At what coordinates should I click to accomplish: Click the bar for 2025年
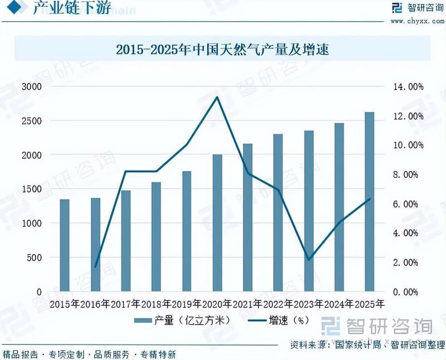pyautogui.click(x=369, y=202)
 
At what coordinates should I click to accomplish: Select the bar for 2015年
pyautogui.click(x=65, y=245)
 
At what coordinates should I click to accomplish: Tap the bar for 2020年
pyautogui.click(x=217, y=223)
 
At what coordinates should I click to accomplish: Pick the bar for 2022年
pyautogui.click(x=278, y=212)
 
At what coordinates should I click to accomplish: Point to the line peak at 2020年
pyautogui.click(x=217, y=98)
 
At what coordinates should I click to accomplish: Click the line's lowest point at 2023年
pyautogui.click(x=308, y=260)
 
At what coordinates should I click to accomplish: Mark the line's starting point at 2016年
pyautogui.click(x=95, y=267)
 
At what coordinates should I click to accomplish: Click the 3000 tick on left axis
pyautogui.click(x=32, y=87)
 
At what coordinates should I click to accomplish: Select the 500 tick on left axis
pyautogui.click(x=35, y=257)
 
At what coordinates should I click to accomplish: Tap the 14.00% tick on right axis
pyautogui.click(x=409, y=87)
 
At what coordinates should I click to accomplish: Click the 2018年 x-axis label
pyautogui.click(x=156, y=304)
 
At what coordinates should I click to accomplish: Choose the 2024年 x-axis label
pyautogui.click(x=339, y=304)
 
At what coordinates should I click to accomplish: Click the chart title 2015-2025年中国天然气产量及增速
pyautogui.click(x=223, y=50)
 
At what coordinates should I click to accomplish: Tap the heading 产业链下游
pyautogui.click(x=71, y=8)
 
